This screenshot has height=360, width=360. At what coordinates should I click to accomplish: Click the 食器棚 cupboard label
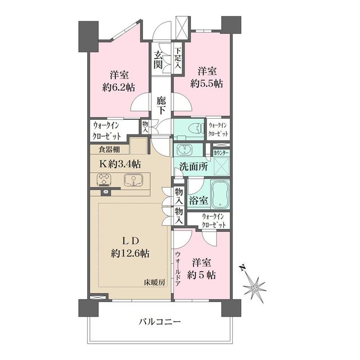[x=109, y=150]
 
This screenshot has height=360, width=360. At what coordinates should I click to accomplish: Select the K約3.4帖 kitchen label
[x=120, y=164]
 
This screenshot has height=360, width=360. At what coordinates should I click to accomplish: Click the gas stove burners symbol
[x=104, y=180]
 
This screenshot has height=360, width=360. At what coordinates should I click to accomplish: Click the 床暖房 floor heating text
[x=154, y=282]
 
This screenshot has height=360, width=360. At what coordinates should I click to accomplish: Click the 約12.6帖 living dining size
[x=130, y=253]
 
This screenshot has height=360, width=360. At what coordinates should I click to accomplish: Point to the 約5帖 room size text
[x=202, y=275]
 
